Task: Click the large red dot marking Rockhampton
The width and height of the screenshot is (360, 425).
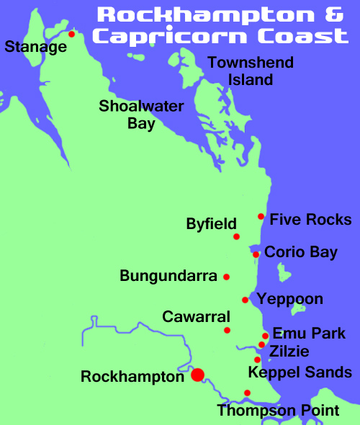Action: (x=197, y=375)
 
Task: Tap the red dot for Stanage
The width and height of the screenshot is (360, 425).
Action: (x=71, y=33)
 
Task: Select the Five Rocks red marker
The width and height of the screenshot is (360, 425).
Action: (x=261, y=216)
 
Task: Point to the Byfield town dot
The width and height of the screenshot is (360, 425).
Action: (x=236, y=236)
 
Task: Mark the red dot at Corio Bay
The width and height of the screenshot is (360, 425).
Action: (x=256, y=254)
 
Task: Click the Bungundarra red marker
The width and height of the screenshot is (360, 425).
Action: (x=226, y=277)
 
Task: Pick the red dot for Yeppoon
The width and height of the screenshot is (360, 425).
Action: (x=246, y=300)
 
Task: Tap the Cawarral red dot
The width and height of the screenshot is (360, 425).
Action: (x=227, y=331)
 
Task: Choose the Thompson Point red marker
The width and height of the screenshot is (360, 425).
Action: (x=247, y=393)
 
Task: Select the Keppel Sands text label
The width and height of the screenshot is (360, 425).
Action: (x=300, y=372)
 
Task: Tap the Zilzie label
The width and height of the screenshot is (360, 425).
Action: (x=289, y=352)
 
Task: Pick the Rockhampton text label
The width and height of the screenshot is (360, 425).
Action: (x=132, y=376)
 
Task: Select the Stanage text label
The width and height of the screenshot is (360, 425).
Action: (x=35, y=48)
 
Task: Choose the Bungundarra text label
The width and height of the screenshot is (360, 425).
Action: (x=168, y=276)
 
